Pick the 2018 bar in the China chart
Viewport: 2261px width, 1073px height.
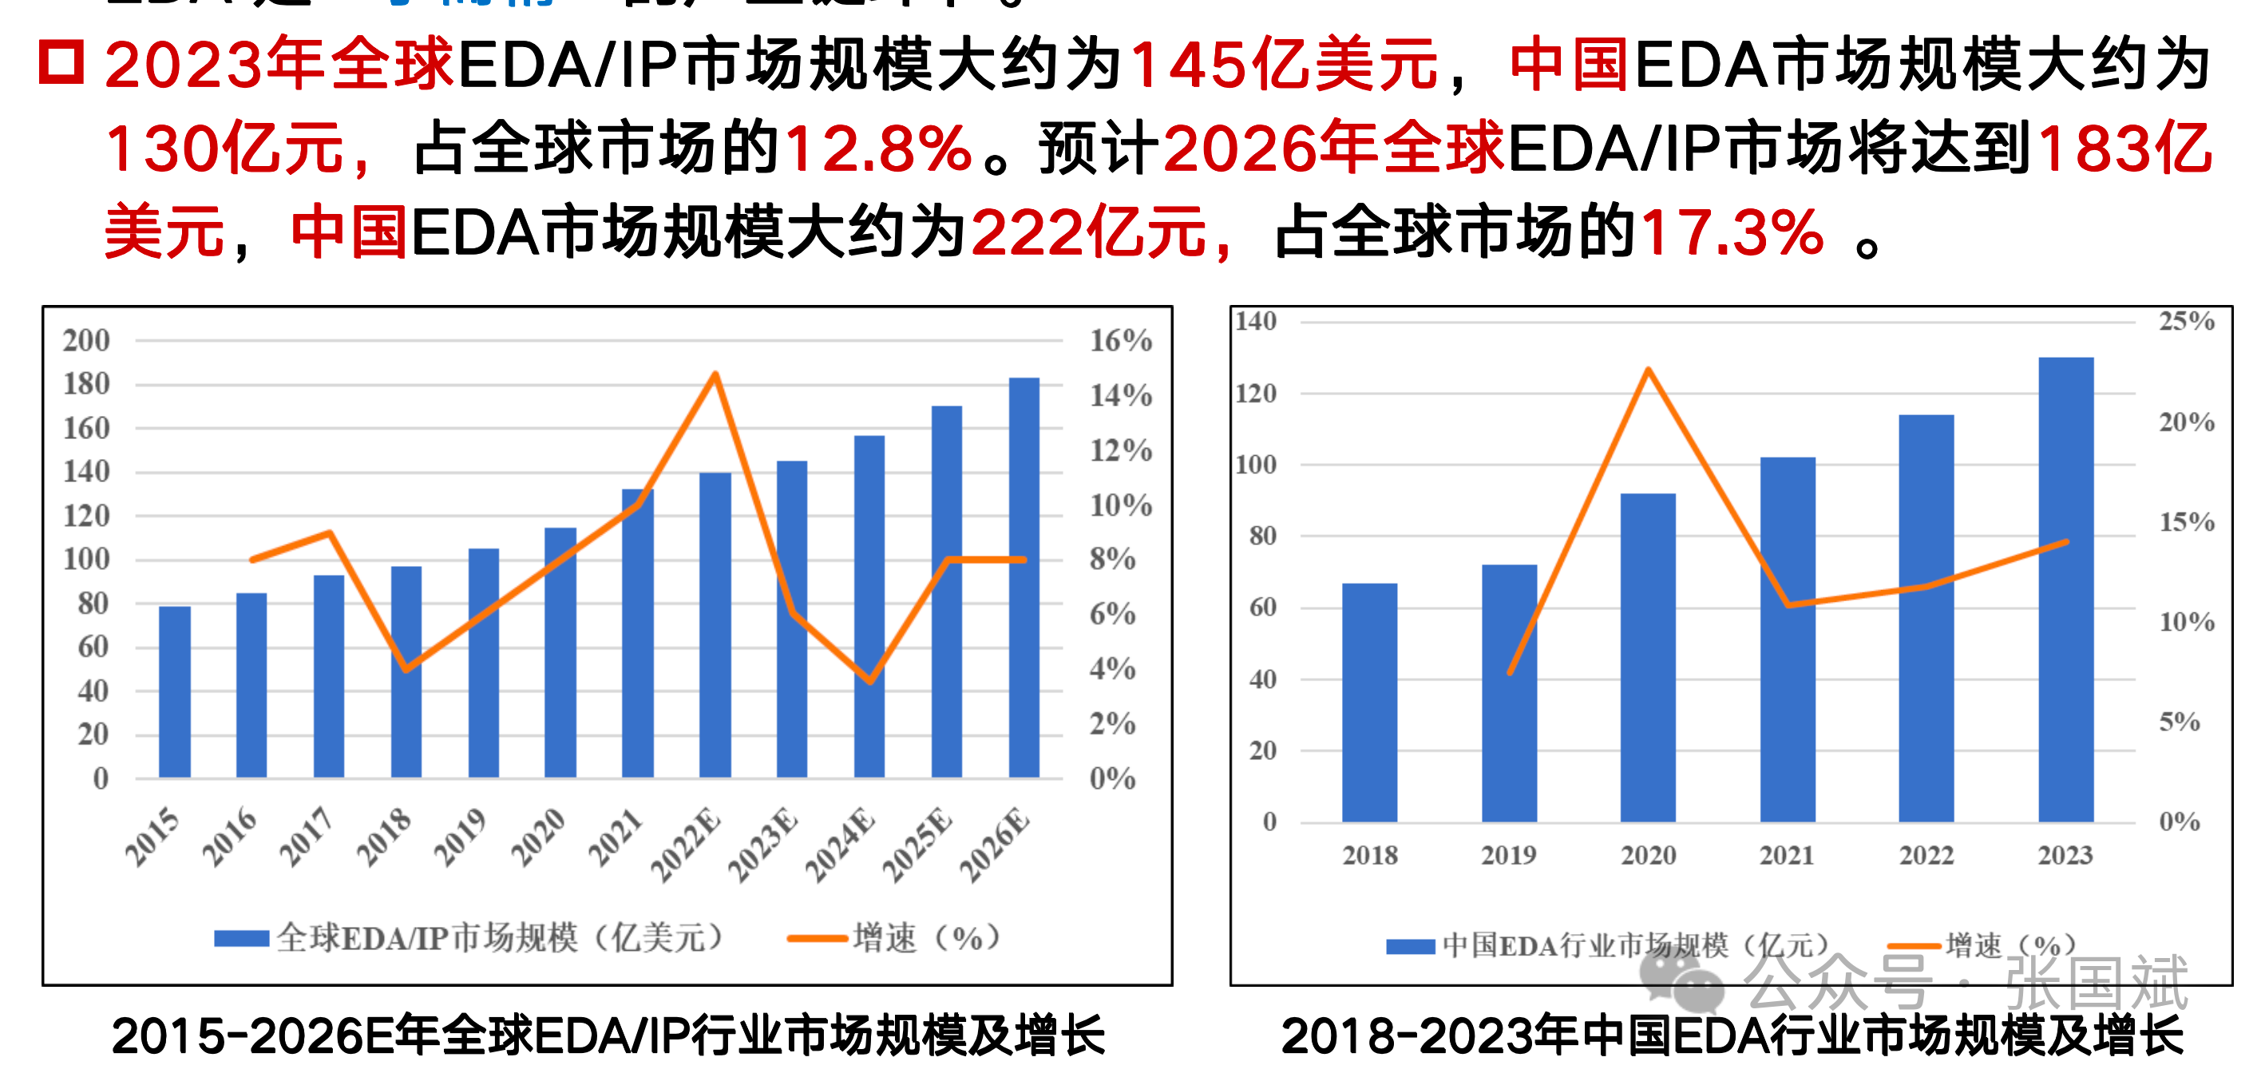tap(1369, 702)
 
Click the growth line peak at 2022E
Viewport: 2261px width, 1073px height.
tap(715, 375)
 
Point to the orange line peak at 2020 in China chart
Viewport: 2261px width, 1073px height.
tap(1648, 370)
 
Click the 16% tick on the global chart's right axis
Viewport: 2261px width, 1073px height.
tap(1120, 340)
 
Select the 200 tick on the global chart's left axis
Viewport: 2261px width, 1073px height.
tap(86, 340)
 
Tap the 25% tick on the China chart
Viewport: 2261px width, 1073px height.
tap(2187, 321)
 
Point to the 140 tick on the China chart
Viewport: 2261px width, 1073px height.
tap(1255, 321)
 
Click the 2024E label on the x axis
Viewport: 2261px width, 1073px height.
tap(841, 844)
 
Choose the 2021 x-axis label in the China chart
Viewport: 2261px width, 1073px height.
tap(1786, 854)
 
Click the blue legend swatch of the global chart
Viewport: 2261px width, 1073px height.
tap(241, 939)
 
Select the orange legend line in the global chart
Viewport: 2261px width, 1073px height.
tap(816, 939)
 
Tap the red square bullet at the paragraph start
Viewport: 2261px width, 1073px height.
tap(61, 63)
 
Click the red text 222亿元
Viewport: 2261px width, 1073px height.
tap(1088, 233)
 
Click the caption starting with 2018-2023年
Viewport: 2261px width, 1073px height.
tap(1731, 1035)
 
